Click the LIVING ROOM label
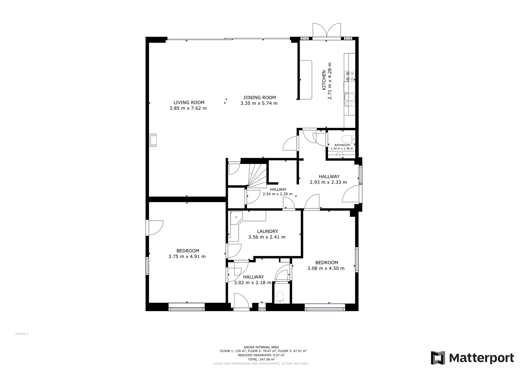[x=189, y=103]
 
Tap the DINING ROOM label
[x=260, y=98]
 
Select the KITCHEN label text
[x=324, y=80]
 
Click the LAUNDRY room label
[x=268, y=231]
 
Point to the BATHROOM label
[x=342, y=145]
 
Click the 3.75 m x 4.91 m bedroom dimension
[x=187, y=257]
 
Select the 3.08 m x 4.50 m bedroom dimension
[x=326, y=268]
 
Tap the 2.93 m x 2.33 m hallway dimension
[x=328, y=182]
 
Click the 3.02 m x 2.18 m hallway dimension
[x=253, y=283]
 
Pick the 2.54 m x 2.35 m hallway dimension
[x=278, y=194]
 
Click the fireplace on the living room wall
[x=153, y=140]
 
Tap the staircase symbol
[x=257, y=176]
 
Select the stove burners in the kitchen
[x=350, y=76]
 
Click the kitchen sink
[x=349, y=100]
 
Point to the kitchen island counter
[x=306, y=80]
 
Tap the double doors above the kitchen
[x=327, y=30]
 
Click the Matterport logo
[x=472, y=358]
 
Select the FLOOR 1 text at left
[x=22, y=334]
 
